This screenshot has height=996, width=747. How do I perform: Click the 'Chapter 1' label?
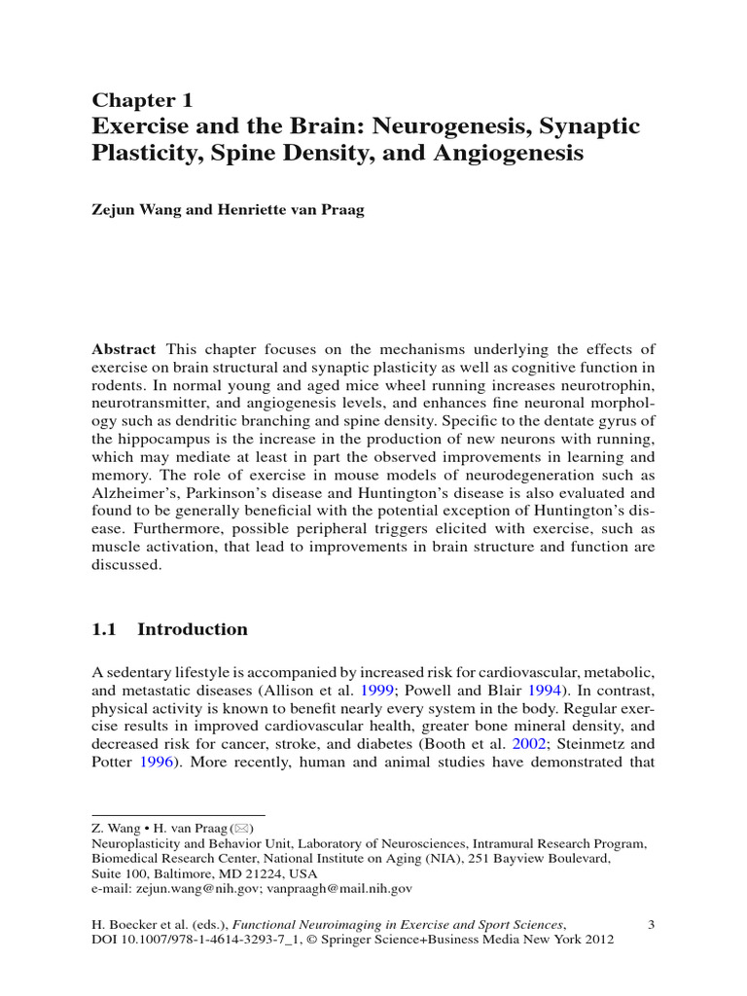[142, 100]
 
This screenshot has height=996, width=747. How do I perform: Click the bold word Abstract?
[124, 349]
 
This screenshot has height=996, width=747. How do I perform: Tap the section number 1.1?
[104, 629]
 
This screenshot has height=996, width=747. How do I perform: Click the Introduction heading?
[193, 629]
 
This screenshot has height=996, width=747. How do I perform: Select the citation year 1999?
[379, 690]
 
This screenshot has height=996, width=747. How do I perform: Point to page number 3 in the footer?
[651, 923]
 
